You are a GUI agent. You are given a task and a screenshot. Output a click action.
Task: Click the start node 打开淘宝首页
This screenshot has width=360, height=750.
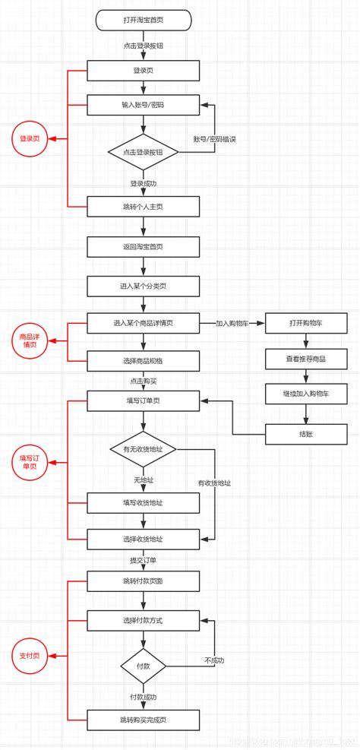[143, 20]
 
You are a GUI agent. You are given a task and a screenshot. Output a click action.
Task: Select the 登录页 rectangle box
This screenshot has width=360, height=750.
[143, 71]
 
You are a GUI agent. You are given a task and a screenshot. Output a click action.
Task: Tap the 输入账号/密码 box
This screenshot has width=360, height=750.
[143, 105]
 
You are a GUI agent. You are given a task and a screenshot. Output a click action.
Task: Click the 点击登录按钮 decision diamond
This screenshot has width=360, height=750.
[143, 152]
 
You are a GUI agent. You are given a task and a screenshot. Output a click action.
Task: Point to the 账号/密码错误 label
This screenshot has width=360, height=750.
[214, 139]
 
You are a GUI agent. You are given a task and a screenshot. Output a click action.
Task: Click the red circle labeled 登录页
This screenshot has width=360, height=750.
[30, 139]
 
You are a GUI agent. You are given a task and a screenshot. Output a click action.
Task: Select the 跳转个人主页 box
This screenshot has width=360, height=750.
[143, 206]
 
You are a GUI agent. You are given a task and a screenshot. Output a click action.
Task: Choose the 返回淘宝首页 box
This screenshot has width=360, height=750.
[143, 246]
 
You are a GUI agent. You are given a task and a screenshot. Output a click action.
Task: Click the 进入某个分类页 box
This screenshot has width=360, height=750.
[143, 286]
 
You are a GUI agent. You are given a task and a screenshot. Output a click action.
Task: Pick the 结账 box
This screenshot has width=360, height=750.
[306, 434]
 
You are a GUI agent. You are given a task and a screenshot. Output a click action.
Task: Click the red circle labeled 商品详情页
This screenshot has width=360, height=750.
[30, 340]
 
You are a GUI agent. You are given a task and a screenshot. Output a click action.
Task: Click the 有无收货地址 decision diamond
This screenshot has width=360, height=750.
[143, 450]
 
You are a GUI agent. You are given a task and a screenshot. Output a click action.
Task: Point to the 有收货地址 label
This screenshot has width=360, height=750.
[214, 483]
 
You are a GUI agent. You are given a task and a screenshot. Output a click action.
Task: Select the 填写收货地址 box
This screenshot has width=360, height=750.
[143, 502]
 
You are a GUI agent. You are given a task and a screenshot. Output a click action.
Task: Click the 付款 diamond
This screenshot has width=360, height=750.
[143, 666]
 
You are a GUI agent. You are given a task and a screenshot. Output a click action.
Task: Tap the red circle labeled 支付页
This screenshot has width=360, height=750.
[30, 655]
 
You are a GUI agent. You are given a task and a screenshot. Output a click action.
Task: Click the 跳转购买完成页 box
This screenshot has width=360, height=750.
[143, 719]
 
